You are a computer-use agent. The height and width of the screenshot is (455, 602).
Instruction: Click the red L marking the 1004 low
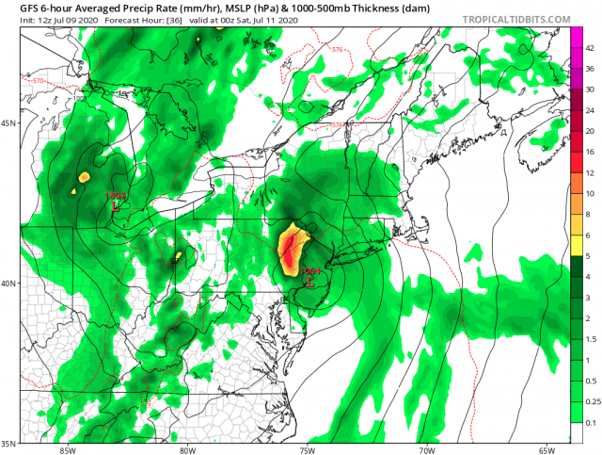(x=311, y=280)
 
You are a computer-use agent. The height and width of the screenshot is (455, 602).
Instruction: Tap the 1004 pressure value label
(x=312, y=270)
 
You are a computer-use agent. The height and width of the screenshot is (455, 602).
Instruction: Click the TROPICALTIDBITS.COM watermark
(x=522, y=19)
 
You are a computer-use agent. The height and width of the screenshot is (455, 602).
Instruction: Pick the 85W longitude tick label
(x=66, y=449)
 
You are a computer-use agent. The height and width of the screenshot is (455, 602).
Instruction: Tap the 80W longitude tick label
(x=186, y=449)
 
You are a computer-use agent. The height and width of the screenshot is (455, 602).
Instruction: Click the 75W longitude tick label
(x=306, y=449)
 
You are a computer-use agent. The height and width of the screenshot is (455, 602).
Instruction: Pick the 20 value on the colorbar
(x=590, y=131)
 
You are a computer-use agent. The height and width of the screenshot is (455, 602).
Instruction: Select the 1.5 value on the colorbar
(x=590, y=340)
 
